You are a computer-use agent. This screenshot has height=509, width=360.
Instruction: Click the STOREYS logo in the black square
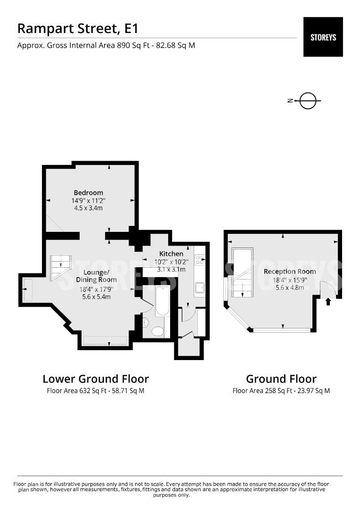323,37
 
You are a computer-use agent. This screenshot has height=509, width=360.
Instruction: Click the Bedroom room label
88,192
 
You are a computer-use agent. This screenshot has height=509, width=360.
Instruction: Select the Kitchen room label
171,254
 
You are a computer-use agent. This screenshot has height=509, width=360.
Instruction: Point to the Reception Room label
290,271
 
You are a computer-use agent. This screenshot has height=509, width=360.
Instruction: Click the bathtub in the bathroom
162,301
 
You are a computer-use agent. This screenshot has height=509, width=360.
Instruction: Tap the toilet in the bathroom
158,331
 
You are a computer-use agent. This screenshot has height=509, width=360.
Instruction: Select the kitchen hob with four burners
199,260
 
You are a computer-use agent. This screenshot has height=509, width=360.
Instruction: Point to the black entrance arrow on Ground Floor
328,302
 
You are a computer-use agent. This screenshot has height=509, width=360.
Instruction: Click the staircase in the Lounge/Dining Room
61,268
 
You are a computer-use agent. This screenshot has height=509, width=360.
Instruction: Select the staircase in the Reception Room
242,272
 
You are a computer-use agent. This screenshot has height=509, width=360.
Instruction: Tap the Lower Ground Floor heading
96,379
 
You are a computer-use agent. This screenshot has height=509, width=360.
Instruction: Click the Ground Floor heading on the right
281,379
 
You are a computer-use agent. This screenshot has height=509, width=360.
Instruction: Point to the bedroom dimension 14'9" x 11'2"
88,201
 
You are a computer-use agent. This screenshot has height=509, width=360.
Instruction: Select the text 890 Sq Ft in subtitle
133,45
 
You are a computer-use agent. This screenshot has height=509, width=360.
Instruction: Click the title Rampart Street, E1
78,29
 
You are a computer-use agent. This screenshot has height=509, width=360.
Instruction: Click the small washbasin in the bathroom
146,322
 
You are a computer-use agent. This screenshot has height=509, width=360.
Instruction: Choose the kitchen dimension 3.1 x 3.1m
171,270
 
